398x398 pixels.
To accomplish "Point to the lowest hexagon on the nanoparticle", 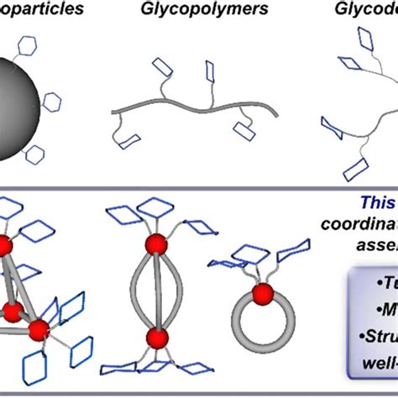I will pos(34,153).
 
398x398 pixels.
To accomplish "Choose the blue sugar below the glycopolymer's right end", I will pos(247,129).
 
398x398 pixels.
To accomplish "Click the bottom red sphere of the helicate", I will pos(155,315).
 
